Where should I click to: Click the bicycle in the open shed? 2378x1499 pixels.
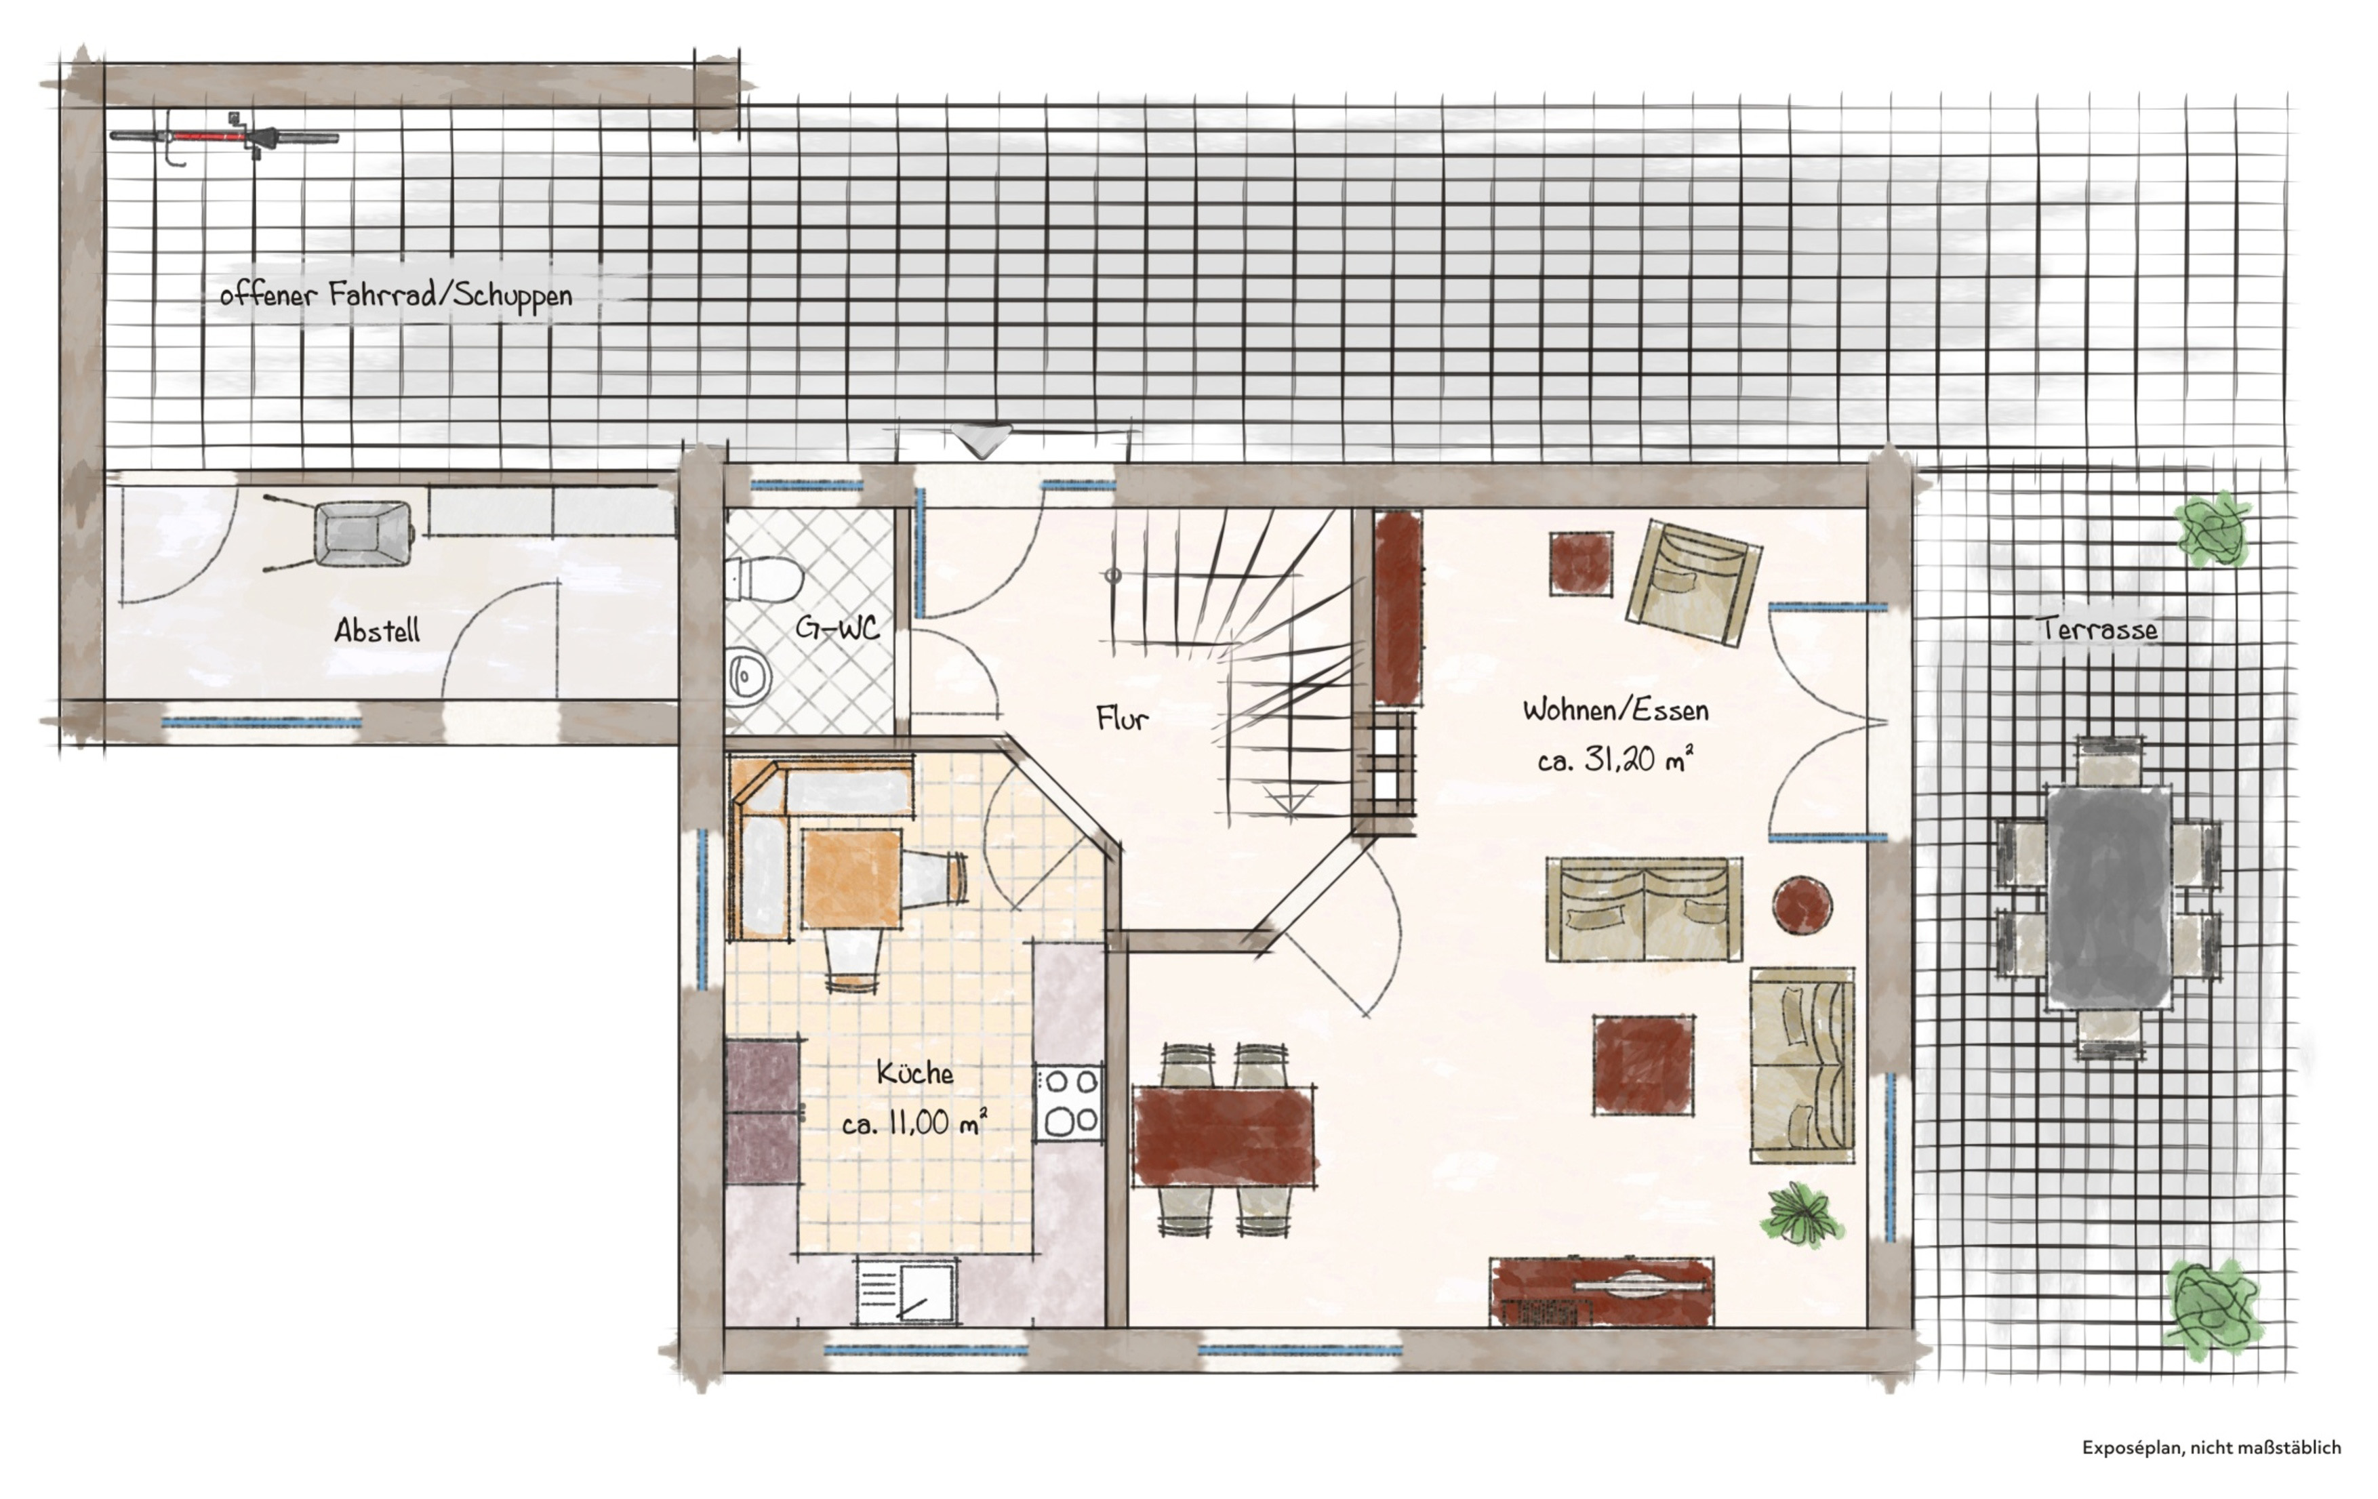coord(224,138)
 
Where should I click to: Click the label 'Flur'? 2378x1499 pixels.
coord(1122,718)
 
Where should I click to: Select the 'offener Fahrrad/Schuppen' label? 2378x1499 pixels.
coord(396,295)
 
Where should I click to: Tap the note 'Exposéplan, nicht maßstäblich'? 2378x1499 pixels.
coord(2211,1447)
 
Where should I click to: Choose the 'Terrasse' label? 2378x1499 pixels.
coord(2099,628)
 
